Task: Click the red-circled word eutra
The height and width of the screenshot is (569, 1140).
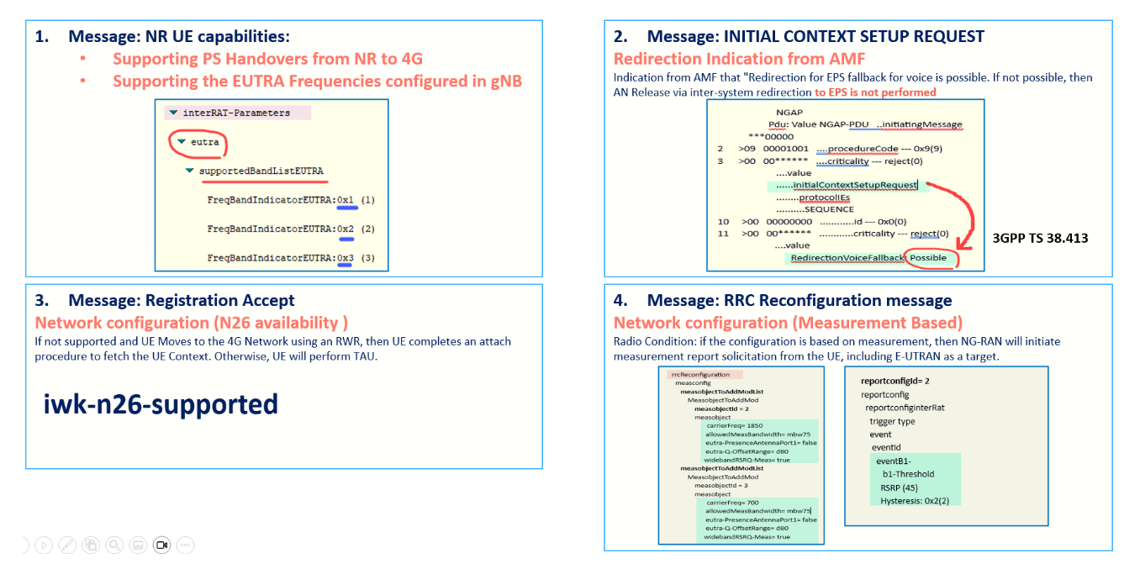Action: pos(204,142)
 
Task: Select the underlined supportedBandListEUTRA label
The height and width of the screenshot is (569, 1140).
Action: pos(261,171)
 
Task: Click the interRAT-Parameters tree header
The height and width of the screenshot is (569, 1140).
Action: pos(235,113)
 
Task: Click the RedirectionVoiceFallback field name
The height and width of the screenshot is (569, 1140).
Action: pos(847,257)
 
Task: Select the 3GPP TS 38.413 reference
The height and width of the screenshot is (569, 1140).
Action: pos(1040,238)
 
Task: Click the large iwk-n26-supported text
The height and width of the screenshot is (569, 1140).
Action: pos(161,404)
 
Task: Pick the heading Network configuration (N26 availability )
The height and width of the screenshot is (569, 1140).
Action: pos(192,323)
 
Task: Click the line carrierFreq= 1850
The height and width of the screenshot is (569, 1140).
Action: pos(734,426)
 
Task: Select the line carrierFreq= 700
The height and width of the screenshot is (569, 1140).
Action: pos(732,503)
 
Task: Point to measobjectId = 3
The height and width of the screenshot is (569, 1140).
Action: pos(720,485)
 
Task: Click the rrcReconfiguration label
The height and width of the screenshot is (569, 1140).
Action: pos(699,374)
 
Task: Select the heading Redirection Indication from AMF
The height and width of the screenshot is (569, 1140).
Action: pos(739,59)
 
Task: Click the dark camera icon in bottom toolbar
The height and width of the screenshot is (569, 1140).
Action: pos(162,545)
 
